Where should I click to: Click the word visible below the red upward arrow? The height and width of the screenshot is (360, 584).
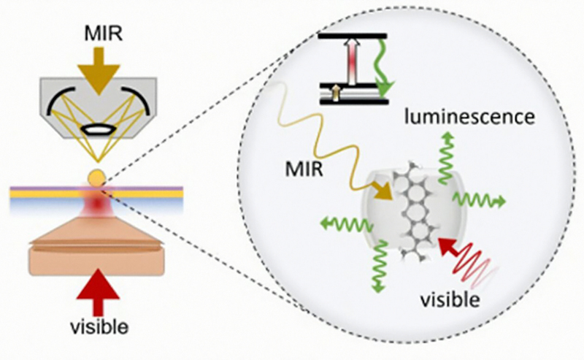[95, 339]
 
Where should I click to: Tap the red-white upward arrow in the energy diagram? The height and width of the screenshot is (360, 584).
[356, 64]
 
